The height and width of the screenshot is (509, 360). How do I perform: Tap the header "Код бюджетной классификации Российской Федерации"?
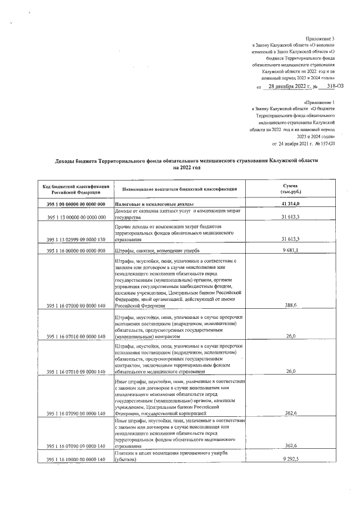(71, 189)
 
